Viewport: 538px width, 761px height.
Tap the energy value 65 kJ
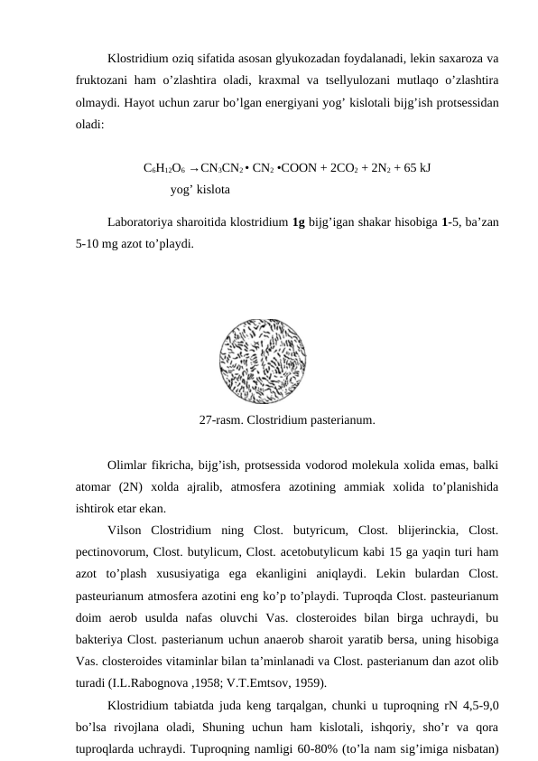click(413, 168)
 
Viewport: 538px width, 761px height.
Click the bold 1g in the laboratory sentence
click(300, 222)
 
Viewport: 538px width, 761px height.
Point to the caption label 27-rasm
click(221, 420)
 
